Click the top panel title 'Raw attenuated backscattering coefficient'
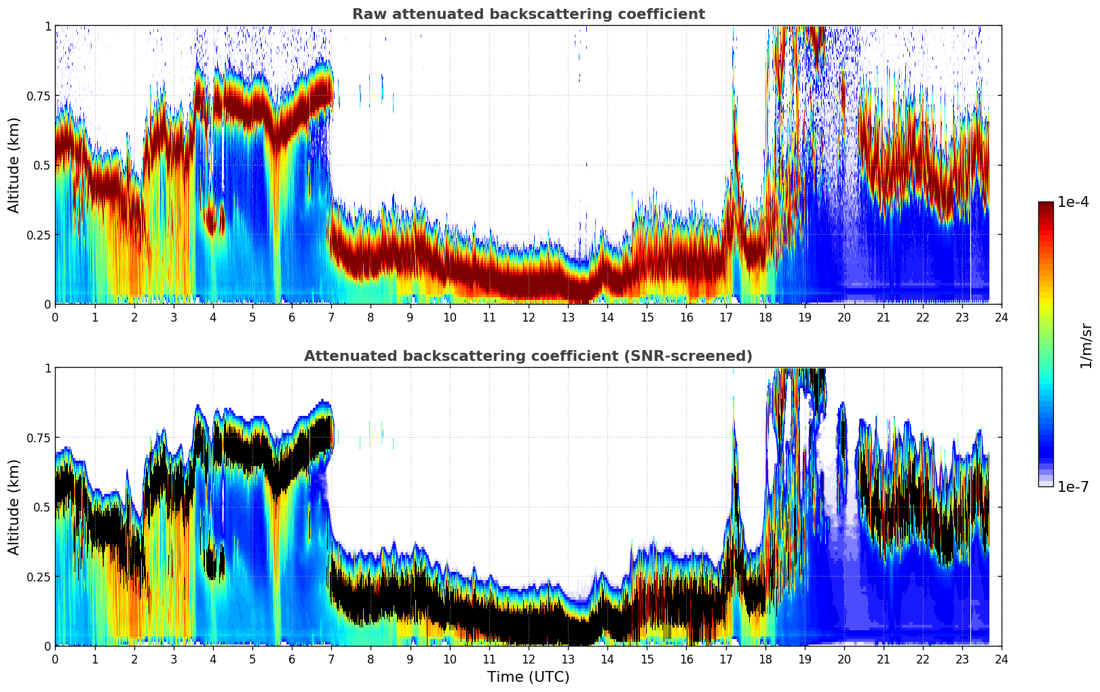coord(528,14)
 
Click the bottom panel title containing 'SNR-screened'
coord(528,356)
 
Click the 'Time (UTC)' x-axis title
coord(528,677)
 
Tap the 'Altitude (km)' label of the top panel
coord(14,165)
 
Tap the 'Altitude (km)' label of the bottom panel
coord(14,507)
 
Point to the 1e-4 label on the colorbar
coord(1073,202)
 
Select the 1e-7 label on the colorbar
coord(1073,486)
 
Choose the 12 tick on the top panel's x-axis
coord(528,317)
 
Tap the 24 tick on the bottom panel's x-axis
coord(1002,659)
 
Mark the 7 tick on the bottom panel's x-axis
coord(331,659)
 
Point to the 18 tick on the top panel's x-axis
coord(765,317)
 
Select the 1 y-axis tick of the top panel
coord(48,26)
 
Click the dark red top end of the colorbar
coord(1046,205)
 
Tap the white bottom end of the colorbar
coord(1046,484)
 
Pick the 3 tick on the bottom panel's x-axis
coord(174,659)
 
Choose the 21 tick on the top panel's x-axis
coord(883,317)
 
